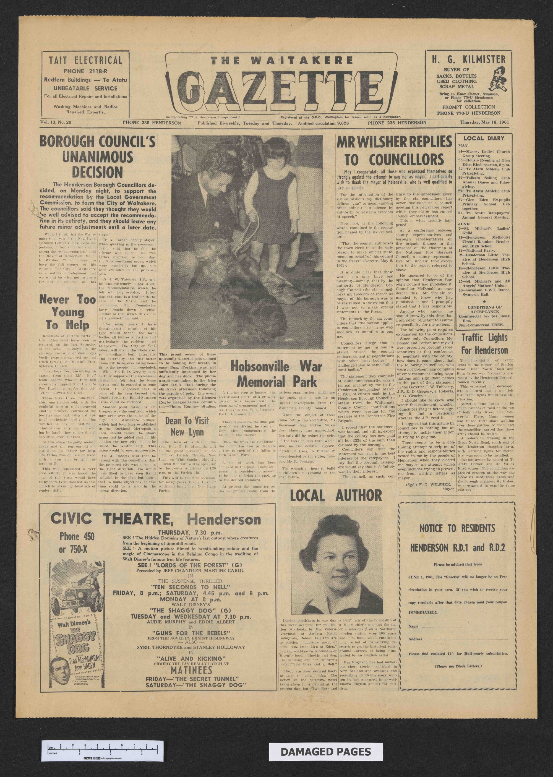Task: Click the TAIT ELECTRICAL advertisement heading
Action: pos(85,61)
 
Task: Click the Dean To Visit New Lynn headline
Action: pos(187,427)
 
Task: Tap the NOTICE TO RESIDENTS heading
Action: pos(457,528)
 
